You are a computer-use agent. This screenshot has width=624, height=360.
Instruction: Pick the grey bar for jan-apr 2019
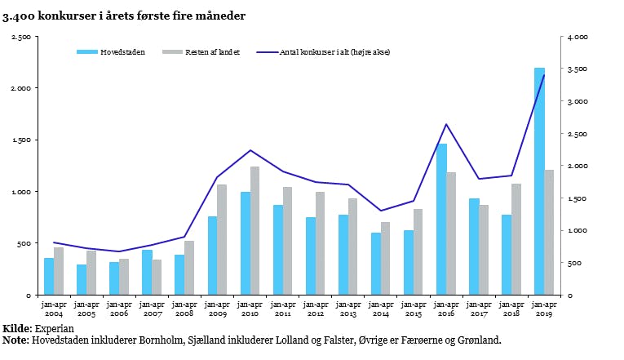point(549,233)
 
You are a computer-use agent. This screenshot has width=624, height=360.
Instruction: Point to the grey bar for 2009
point(222,240)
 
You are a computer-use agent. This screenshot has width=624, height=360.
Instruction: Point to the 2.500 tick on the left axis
point(20,37)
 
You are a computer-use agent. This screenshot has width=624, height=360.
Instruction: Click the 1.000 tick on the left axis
point(20,192)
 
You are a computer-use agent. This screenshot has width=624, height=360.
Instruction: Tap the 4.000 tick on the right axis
point(578,37)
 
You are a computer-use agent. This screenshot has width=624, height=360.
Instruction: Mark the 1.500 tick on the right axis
point(578,198)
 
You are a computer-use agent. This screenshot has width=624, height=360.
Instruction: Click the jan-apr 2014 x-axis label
point(381,309)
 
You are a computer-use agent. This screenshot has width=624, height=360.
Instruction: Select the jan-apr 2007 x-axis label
point(152,309)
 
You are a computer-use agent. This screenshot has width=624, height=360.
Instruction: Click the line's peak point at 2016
point(446,124)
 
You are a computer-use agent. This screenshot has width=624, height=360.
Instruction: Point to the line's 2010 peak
point(250,150)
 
